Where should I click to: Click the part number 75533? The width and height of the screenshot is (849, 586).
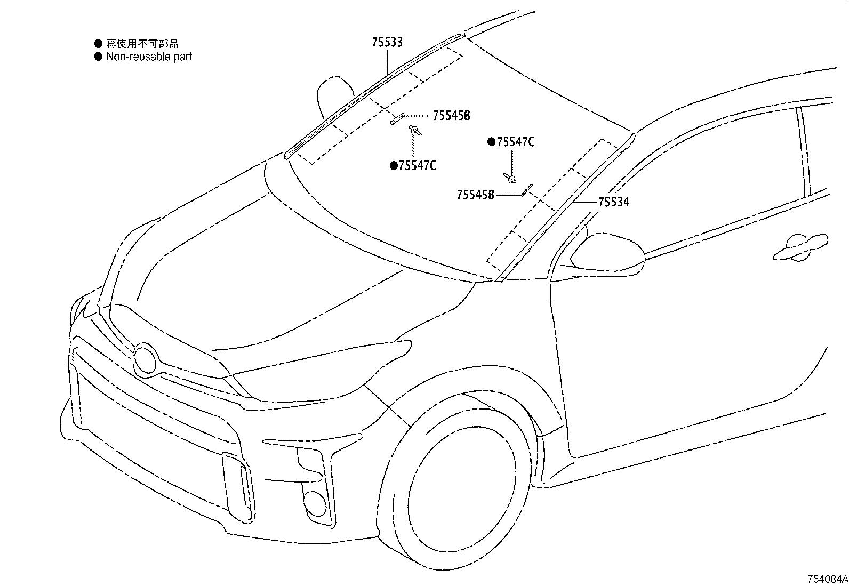click(x=387, y=43)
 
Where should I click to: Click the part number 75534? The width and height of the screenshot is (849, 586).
click(x=613, y=203)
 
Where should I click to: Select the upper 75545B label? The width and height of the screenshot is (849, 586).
click(x=451, y=116)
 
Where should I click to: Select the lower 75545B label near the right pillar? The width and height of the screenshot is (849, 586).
click(x=475, y=195)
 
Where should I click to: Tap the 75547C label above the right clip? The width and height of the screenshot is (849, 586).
click(x=515, y=142)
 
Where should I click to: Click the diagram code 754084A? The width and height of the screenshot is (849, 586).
click(x=827, y=579)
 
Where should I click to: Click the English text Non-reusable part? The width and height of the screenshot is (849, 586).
click(x=149, y=57)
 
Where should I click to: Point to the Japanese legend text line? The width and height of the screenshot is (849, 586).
click(x=142, y=44)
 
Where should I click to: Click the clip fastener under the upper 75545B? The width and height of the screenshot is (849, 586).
click(x=414, y=129)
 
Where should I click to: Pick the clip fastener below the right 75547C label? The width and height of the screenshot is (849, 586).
click(x=511, y=178)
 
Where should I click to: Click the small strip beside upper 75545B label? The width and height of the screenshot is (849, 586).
click(x=397, y=119)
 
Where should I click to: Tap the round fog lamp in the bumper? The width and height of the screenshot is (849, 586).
click(x=315, y=502)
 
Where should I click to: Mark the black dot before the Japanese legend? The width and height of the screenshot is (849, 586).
click(x=98, y=44)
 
